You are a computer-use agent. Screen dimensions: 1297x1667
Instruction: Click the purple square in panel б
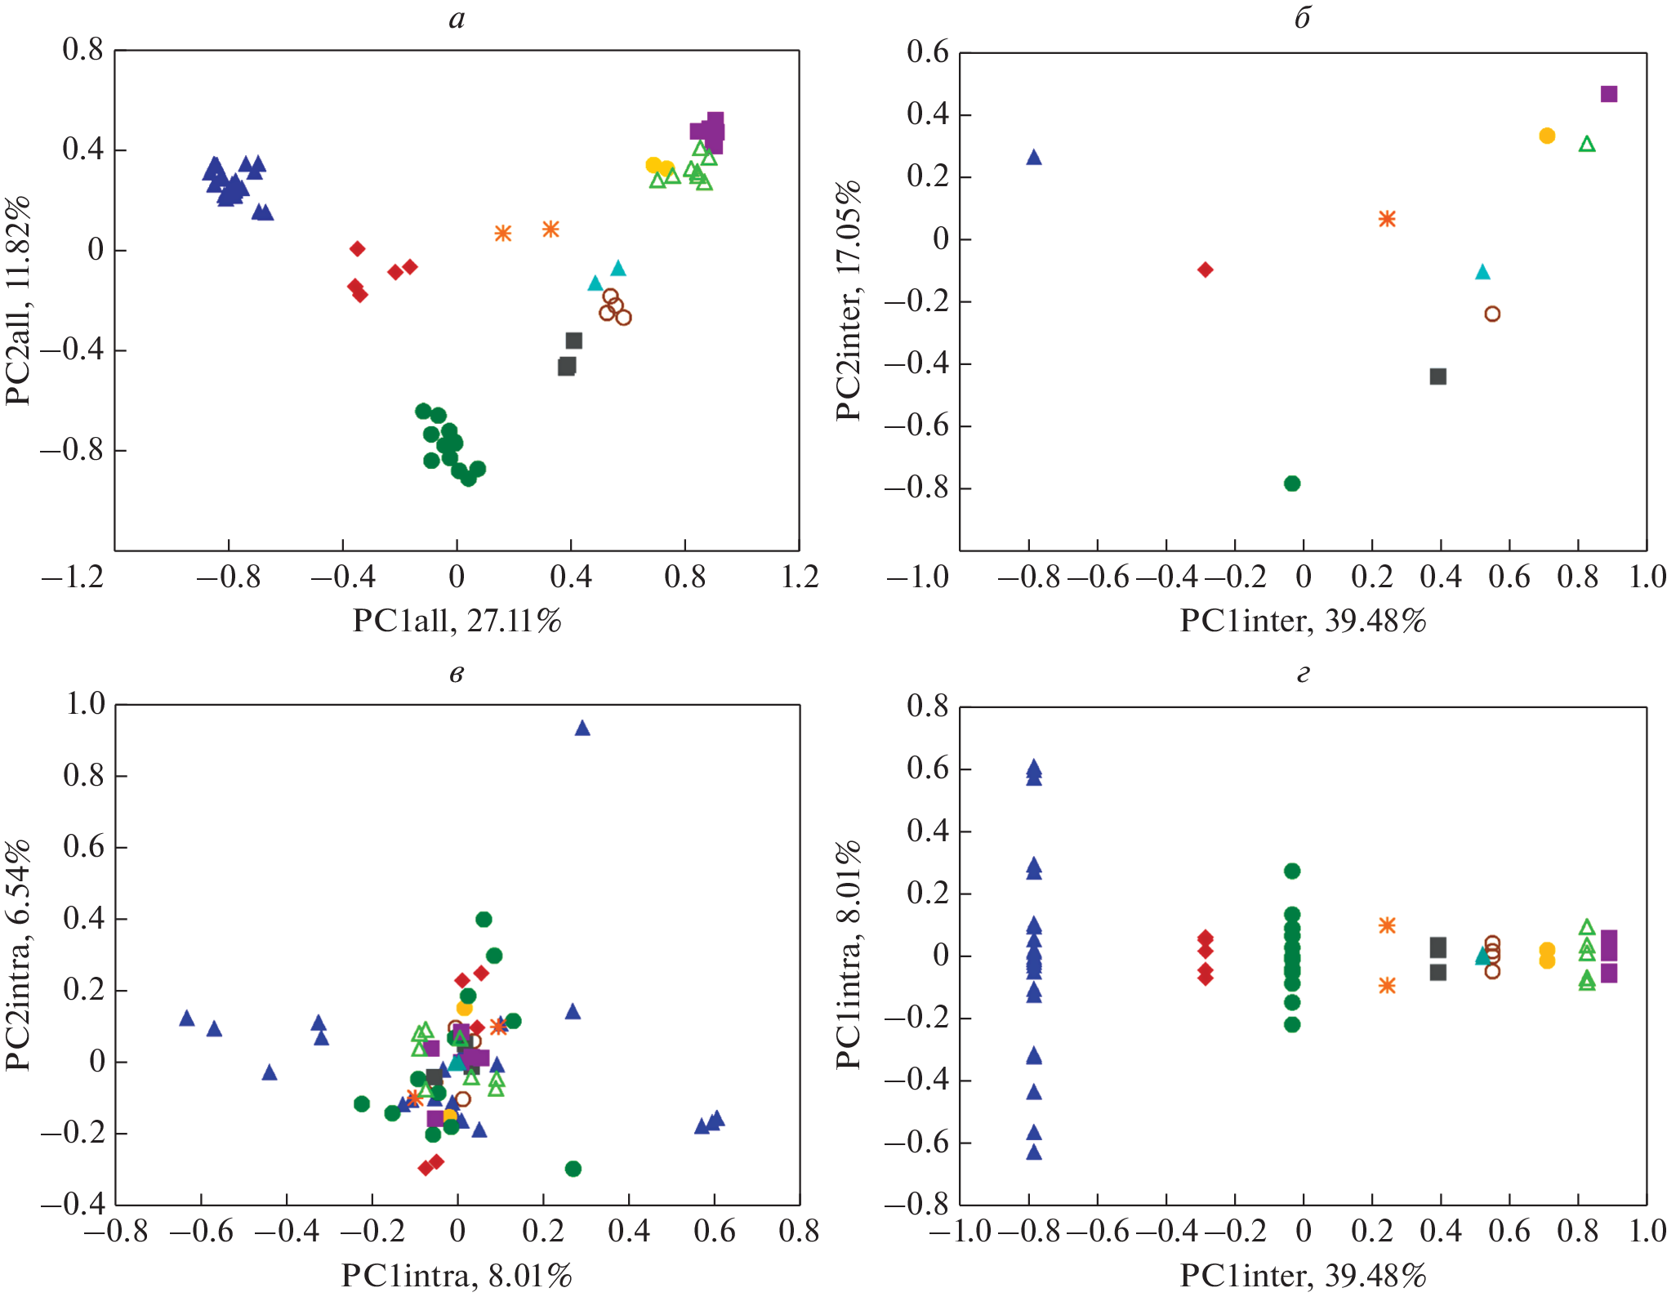1608,94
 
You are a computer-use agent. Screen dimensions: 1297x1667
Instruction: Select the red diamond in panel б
1205,270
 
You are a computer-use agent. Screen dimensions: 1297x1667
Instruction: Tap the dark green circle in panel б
1291,484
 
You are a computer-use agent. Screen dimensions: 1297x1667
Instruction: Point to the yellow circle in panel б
1546,136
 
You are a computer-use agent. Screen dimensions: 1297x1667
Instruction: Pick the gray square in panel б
1437,377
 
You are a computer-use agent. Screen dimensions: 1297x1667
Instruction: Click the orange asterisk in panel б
1386,219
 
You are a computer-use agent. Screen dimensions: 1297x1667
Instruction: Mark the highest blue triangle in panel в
582,729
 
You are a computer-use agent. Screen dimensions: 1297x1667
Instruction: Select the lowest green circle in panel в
573,1169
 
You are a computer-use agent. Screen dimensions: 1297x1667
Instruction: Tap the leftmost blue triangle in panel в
186,1018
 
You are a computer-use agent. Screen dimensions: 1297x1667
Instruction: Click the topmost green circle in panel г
1291,871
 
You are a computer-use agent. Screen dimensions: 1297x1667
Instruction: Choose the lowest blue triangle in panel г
1033,1152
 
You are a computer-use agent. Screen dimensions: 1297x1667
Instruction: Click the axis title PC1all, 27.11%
457,622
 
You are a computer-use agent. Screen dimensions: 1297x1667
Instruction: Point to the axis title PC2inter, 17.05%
849,301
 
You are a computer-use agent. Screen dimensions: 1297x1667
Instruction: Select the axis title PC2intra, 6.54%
18,955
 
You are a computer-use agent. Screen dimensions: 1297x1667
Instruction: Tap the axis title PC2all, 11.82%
18,301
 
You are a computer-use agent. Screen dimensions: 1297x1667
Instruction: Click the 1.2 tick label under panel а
799,577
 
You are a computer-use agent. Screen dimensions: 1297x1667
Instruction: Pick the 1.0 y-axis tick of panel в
85,704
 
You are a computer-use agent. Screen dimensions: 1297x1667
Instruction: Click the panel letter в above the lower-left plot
457,674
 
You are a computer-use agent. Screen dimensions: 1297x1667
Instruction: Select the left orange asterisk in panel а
502,234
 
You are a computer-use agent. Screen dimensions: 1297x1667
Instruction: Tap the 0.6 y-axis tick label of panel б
927,52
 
